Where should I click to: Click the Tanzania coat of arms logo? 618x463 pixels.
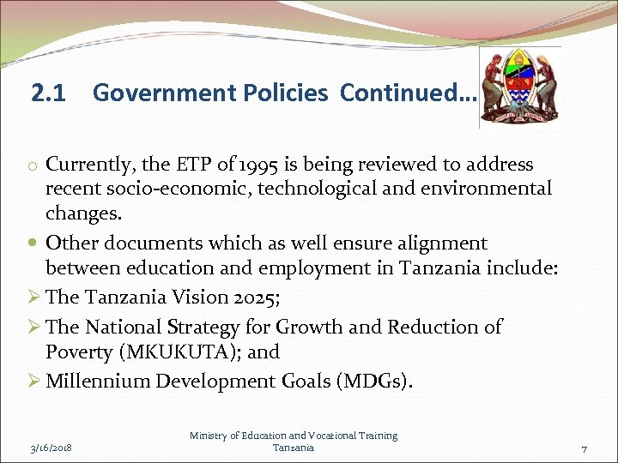coord(519,86)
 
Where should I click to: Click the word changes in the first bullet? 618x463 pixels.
coord(81,213)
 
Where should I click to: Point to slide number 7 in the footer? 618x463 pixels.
coord(584,448)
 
